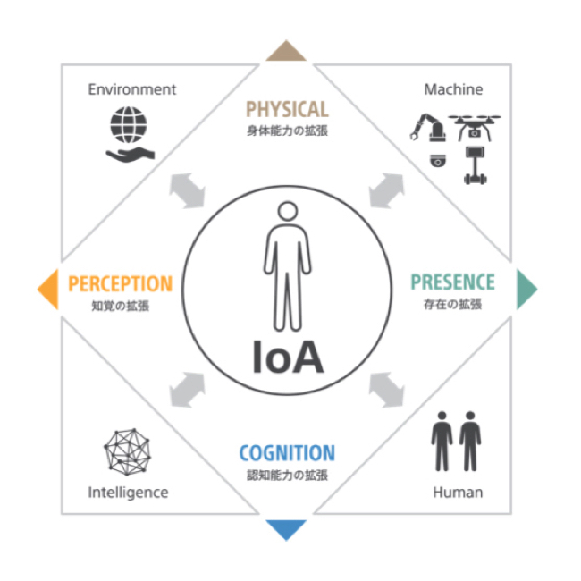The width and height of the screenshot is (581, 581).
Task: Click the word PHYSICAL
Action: tap(287, 111)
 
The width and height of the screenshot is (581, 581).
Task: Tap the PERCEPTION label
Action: tap(120, 284)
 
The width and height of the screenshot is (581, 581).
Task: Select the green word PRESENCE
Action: tap(452, 283)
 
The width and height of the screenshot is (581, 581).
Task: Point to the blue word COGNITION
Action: tap(287, 453)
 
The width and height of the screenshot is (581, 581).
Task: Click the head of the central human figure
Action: tap(287, 212)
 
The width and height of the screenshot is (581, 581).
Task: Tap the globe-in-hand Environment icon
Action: tap(131, 133)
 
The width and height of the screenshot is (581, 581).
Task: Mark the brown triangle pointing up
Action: tap(287, 51)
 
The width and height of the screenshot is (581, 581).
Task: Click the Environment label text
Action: tap(132, 89)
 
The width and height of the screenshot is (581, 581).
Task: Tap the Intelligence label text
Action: tap(128, 493)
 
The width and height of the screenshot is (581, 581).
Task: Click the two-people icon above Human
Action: tap(456, 441)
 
